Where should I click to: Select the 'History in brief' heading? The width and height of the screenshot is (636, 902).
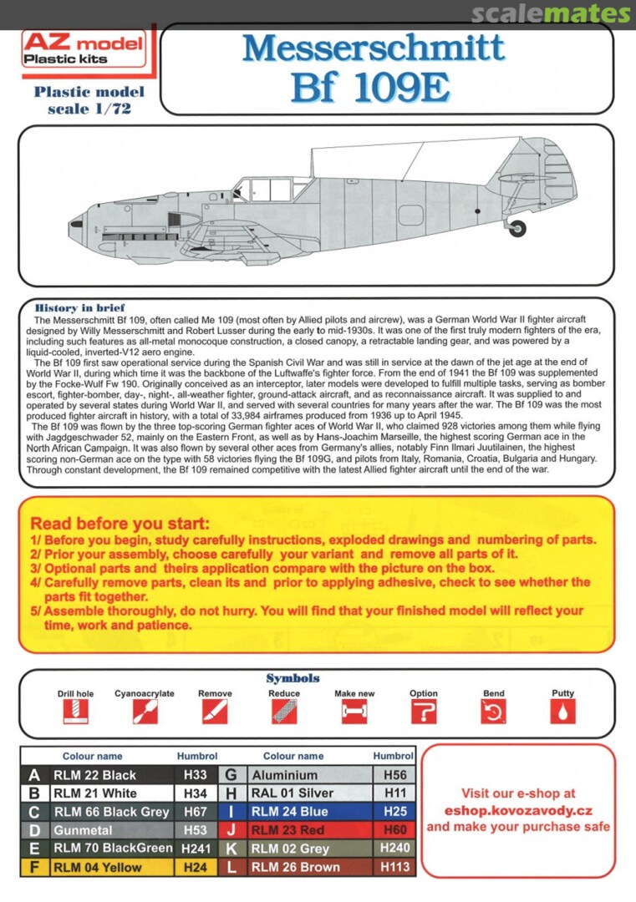point(80,308)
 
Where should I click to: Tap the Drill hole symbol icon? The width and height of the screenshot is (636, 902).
point(75,711)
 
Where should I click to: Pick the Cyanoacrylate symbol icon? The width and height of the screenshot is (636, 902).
point(145,711)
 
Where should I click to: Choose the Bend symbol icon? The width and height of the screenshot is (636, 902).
point(493,711)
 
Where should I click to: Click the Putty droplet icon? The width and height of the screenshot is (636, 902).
point(562,711)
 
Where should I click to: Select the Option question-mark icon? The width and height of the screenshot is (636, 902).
point(424,711)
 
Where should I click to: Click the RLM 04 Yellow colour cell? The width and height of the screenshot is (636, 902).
point(112,867)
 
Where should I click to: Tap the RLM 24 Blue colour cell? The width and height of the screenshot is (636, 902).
point(308,811)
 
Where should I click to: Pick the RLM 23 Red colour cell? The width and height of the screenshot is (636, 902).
point(308,830)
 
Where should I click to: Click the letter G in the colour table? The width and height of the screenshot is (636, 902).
point(232,775)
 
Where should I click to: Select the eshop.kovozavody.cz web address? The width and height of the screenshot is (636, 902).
point(519,810)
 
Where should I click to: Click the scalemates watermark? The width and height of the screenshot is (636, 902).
point(551,14)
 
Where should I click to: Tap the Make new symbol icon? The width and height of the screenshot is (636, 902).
point(354,711)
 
